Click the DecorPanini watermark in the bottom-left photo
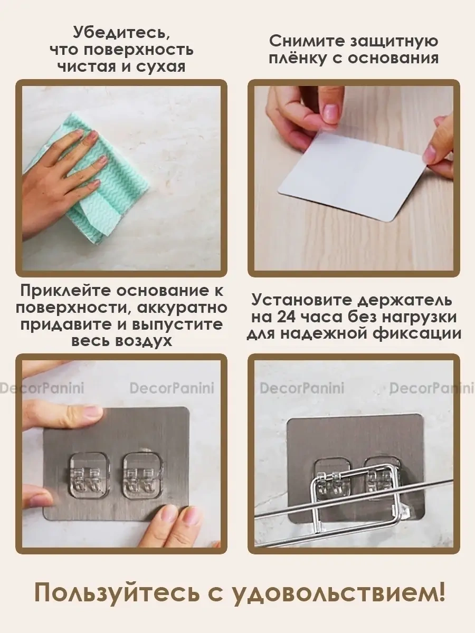172,389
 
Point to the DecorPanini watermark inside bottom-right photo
302,389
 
